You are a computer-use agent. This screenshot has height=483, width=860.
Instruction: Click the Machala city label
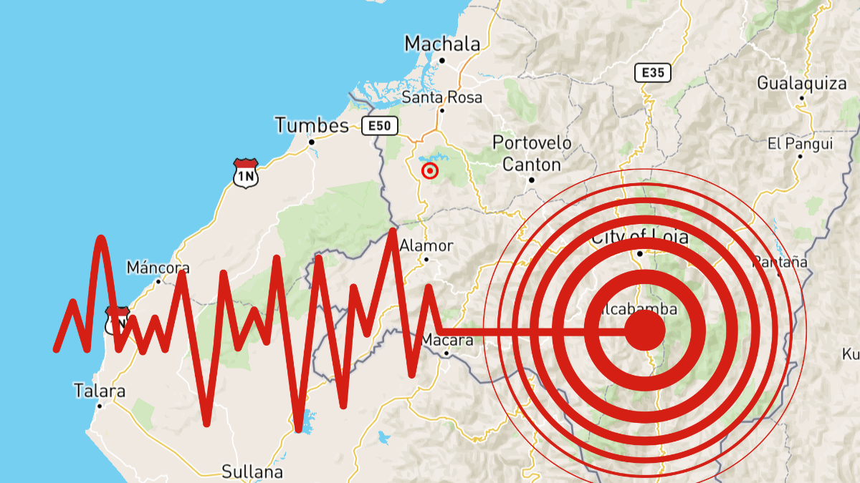pyautogui.click(x=442, y=44)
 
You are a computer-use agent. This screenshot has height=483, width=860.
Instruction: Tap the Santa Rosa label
pyautogui.click(x=442, y=97)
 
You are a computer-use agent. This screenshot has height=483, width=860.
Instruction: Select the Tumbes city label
pyautogui.click(x=312, y=127)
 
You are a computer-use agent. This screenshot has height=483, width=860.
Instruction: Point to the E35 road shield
pyautogui.click(x=652, y=72)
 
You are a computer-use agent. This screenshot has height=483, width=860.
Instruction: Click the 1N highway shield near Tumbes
pyautogui.click(x=245, y=173)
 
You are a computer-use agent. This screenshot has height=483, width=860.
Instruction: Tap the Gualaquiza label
pyautogui.click(x=802, y=84)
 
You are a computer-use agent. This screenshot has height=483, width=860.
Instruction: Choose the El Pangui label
pyautogui.click(x=800, y=144)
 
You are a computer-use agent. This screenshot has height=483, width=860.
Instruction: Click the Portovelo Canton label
pyautogui.click(x=532, y=154)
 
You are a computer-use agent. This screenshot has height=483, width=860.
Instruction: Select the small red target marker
pyautogui.click(x=430, y=171)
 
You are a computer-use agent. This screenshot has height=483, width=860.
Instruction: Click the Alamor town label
pyautogui.click(x=426, y=246)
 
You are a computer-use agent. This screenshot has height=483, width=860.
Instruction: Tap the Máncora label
pyautogui.click(x=158, y=268)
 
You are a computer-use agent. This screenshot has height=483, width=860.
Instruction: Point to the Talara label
pyautogui.click(x=100, y=391)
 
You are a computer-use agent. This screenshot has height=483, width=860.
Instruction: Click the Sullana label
pyautogui.click(x=252, y=472)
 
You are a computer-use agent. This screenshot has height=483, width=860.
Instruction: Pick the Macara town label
pyautogui.click(x=447, y=340)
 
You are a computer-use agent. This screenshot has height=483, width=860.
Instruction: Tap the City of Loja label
pyautogui.click(x=639, y=237)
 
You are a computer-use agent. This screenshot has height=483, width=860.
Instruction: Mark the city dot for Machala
pyautogui.click(x=442, y=61)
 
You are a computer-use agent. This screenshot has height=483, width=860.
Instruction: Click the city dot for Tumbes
pyautogui.click(x=312, y=142)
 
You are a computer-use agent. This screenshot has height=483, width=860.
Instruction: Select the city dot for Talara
pyautogui.click(x=100, y=406)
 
